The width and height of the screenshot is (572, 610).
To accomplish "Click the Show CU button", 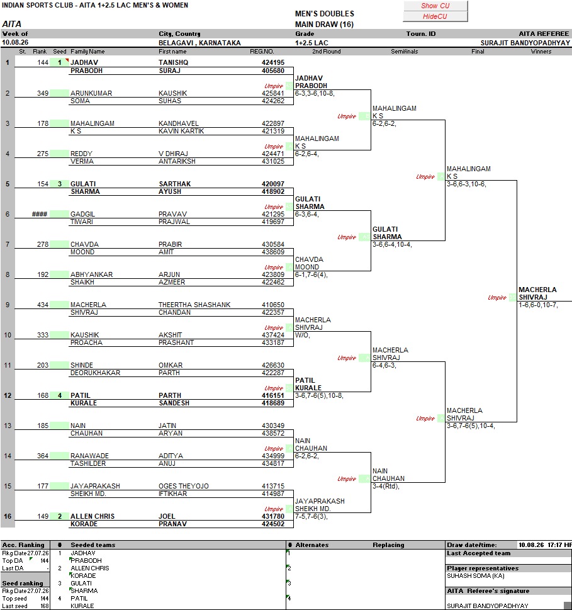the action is click(x=435, y=6).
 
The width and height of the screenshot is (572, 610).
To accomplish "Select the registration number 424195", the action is click(x=273, y=62).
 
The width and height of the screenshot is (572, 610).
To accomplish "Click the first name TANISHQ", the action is click(x=174, y=62).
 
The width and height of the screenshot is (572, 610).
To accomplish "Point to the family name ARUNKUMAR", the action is click(x=91, y=93).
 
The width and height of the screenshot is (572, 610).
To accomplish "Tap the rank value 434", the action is click(x=43, y=305).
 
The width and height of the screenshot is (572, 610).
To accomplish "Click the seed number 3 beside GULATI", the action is click(x=60, y=184).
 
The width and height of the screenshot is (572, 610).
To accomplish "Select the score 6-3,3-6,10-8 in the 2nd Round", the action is click(x=315, y=93).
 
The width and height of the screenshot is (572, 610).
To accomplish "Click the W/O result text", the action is click(x=302, y=336).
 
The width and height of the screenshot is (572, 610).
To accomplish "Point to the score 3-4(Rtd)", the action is click(x=386, y=486).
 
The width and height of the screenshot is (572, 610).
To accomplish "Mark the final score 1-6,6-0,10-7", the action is click(x=538, y=305).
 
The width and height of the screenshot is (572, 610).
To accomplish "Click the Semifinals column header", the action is click(x=405, y=52).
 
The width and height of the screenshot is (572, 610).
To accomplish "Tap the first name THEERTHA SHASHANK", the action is click(x=194, y=305).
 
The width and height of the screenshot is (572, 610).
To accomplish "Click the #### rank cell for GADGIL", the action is click(x=40, y=214).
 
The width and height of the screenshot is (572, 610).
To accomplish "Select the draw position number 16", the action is click(x=8, y=516).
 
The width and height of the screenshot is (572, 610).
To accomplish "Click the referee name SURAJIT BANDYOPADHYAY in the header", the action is click(x=525, y=43).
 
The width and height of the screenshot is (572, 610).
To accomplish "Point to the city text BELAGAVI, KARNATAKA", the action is click(x=199, y=43).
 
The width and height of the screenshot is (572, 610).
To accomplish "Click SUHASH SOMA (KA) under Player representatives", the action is click(x=476, y=576).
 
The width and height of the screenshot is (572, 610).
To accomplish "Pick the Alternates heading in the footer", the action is click(x=312, y=545).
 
